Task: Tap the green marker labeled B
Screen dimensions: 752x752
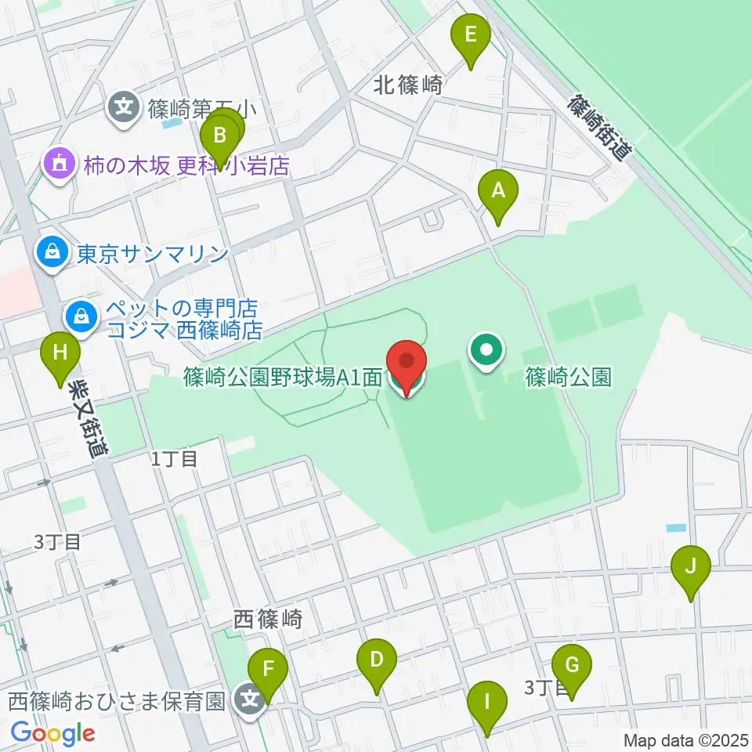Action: point(220,136)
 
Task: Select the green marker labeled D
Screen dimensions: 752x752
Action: point(377,659)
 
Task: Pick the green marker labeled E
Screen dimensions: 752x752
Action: point(471,35)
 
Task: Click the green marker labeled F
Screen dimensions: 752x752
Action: point(268,670)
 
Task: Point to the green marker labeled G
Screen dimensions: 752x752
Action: point(572,666)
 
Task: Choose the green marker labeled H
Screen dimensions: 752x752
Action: point(60,353)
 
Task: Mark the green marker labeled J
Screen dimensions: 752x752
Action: point(691,566)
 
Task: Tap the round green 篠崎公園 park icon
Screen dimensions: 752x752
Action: point(486,350)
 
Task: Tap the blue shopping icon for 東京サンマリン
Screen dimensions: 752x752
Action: point(51,253)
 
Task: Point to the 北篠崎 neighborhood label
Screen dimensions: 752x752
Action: point(408,85)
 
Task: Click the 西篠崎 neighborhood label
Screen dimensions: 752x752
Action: point(268,620)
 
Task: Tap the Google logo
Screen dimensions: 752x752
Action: point(52,733)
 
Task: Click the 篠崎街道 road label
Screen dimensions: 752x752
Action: point(599,128)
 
